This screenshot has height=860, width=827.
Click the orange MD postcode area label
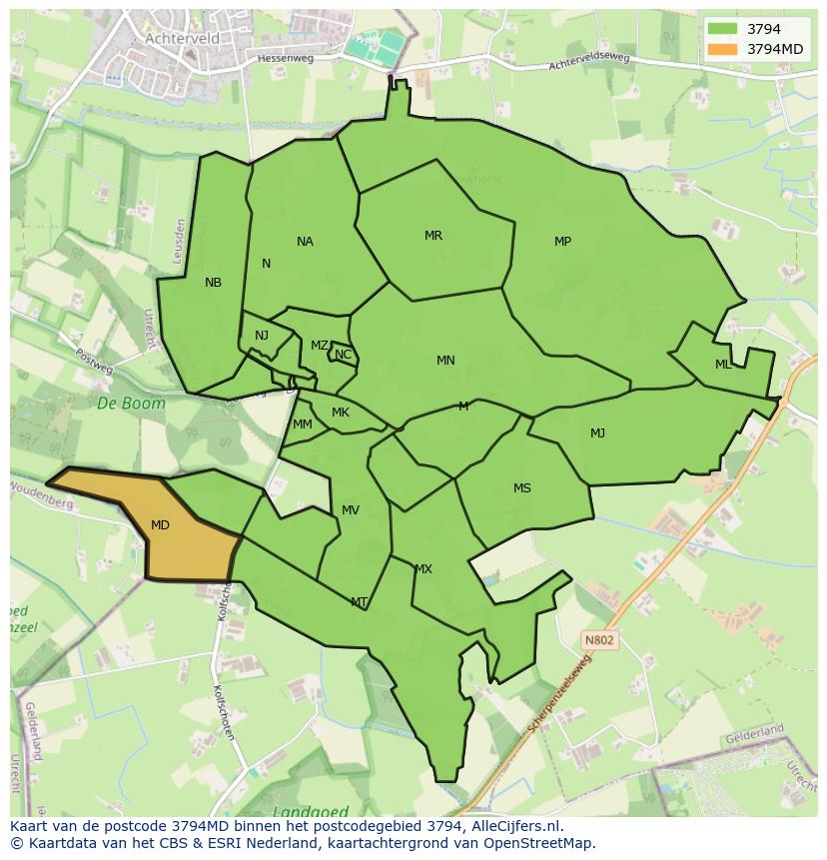160,524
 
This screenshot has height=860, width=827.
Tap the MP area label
562,242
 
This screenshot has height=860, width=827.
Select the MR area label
433,236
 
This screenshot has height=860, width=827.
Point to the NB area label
213,283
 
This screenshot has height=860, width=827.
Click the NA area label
305,242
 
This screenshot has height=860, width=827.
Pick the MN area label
445,361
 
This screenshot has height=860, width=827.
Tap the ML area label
723,365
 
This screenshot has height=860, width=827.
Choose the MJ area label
597,432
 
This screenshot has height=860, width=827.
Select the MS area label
522,488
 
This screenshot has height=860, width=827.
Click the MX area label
423,569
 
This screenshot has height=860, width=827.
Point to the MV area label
351,510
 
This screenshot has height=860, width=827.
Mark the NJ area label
262,336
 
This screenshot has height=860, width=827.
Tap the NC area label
343,355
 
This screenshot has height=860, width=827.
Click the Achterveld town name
182,38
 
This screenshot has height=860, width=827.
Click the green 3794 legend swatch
722,29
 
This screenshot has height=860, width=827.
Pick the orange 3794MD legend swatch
722,49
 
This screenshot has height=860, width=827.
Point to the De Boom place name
118,404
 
